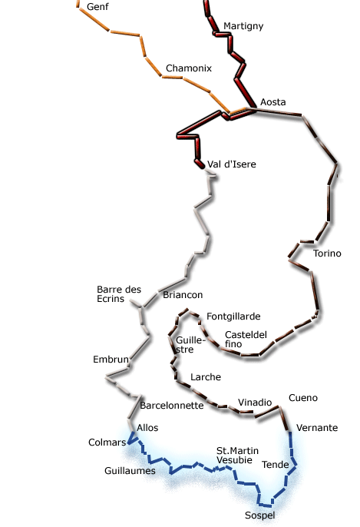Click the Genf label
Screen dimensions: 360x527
(x=97, y=7)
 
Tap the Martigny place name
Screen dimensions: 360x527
(x=243, y=26)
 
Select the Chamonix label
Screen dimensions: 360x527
(x=189, y=68)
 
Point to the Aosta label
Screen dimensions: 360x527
(x=273, y=102)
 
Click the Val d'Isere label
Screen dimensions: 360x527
(x=232, y=164)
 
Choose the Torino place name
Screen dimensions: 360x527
(x=327, y=254)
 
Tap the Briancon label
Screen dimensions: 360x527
(x=183, y=295)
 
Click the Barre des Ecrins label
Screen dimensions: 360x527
(x=119, y=294)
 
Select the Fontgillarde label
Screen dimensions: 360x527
(x=233, y=317)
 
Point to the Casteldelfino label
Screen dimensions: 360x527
(x=246, y=339)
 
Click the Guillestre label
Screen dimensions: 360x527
(x=190, y=345)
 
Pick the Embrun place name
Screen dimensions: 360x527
(x=111, y=360)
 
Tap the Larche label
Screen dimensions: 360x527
(x=206, y=377)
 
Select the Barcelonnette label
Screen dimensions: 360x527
(x=172, y=406)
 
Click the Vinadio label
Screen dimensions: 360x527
(x=255, y=403)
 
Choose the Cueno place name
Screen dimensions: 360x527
(x=303, y=398)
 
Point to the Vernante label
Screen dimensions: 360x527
(x=317, y=428)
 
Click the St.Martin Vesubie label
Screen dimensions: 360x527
(x=237, y=456)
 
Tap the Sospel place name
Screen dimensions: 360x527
(x=260, y=515)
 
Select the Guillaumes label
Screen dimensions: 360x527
(x=130, y=470)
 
